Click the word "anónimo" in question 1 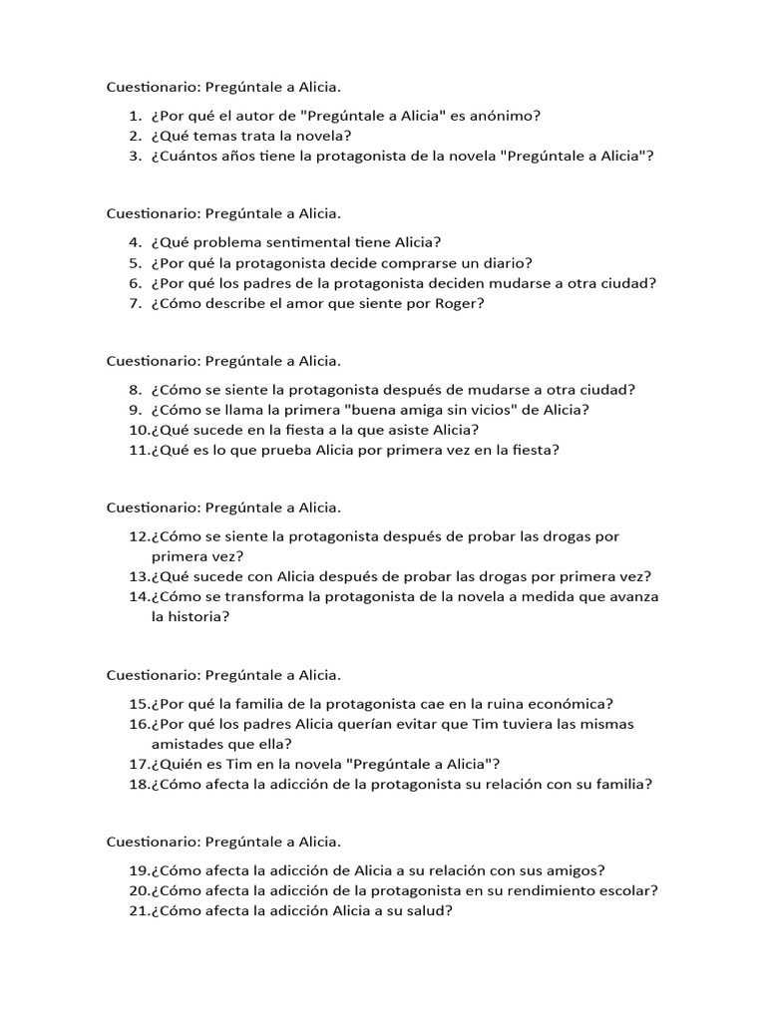coord(507,116)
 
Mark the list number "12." coord(139,536)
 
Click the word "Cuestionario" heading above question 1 coord(151,87)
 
